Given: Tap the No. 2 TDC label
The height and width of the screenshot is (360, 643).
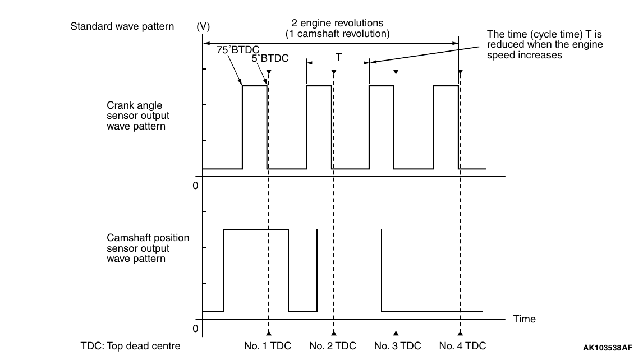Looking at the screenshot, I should click(333, 346).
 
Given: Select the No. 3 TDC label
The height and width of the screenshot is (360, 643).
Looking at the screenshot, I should click(397, 346).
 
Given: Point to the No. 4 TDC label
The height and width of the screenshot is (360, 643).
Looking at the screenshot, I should click(462, 346).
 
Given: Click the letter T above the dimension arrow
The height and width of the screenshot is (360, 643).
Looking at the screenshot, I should click(338, 57).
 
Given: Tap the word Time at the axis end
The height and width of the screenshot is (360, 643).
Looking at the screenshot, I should click(524, 319).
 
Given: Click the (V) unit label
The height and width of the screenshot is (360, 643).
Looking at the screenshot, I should click(203, 26).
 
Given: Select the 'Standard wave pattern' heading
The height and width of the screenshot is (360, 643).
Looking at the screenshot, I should click(122, 26).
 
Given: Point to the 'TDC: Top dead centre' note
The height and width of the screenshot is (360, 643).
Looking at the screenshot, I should click(130, 346).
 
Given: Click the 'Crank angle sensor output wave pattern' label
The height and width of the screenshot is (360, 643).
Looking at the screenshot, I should click(138, 116).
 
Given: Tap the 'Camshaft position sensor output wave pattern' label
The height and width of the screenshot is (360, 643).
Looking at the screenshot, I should click(148, 248).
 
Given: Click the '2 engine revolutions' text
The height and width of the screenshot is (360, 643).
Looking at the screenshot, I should click(337, 24).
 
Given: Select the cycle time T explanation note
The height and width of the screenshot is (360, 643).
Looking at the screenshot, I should click(545, 44).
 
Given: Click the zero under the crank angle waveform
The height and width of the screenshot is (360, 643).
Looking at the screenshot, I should click(195, 185).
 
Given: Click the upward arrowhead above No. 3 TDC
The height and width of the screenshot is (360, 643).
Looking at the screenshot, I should click(396, 333).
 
